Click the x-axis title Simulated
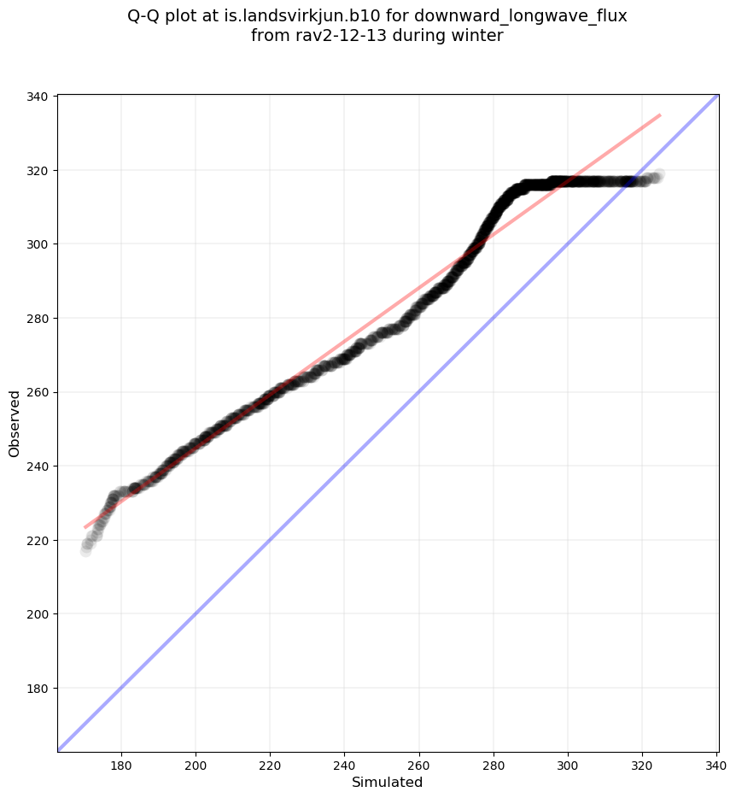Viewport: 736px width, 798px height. tap(387, 782)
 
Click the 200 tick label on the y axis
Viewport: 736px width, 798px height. tap(37, 614)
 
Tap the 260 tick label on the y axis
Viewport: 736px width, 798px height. tap(37, 392)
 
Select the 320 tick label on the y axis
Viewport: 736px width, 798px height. tap(37, 170)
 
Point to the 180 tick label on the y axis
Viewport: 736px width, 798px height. tap(37, 689)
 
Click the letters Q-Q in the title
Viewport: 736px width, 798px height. tap(145, 16)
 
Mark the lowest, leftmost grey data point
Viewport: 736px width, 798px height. tap(86, 550)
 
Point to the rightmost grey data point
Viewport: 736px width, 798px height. tap(657, 175)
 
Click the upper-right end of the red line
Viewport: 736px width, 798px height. tap(660, 114)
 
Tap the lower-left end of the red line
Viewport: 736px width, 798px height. tap(85, 527)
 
